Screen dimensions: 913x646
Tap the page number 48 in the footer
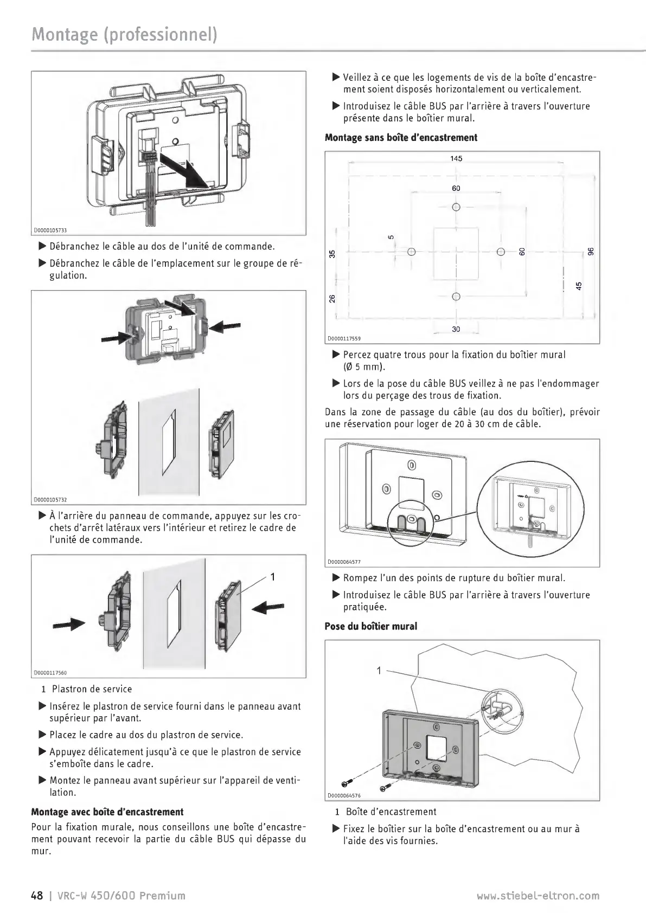pos(36,895)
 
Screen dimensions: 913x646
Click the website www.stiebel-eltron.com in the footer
pos(538,896)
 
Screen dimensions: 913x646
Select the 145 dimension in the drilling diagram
pos(456,158)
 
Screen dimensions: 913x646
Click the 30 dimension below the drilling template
pos(456,329)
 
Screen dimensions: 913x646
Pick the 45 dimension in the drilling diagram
pos(578,285)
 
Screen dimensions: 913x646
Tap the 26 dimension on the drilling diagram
pos(332,298)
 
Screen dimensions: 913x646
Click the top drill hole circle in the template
pos(456,207)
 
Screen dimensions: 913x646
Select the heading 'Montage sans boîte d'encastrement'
pos(401,138)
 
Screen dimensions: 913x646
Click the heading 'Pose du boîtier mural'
pos(371,626)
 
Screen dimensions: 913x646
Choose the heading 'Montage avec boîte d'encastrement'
pos(107,812)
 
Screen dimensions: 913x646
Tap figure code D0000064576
pos(344,796)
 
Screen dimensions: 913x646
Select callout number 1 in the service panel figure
pos(273,577)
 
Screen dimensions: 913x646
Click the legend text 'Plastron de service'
pos(92,689)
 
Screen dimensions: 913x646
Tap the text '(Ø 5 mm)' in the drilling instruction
pos(364,367)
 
